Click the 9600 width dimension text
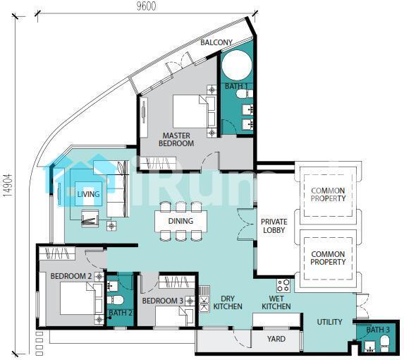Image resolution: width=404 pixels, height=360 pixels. tap(146, 6)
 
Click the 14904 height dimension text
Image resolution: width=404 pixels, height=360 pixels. tap(8, 186)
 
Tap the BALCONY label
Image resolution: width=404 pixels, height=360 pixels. tap(216, 42)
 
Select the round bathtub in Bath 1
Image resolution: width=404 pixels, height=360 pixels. tap(237, 66)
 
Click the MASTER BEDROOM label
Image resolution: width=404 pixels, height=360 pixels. tap(176, 140)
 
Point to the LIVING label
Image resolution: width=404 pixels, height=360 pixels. tap(88, 194)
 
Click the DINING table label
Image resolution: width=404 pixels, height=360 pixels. tap(180, 221)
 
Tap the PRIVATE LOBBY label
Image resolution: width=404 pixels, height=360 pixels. tap(274, 226)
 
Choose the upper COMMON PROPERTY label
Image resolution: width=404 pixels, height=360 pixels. tap(328, 194)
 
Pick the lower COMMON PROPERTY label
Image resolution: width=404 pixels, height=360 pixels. tap(328, 258)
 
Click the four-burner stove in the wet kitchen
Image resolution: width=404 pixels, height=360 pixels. tap(283, 285)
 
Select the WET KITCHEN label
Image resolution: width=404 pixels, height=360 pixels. tap(276, 303)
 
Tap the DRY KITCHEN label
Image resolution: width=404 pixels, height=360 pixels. tap(228, 303)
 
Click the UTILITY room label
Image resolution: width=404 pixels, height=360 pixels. tap(329, 322)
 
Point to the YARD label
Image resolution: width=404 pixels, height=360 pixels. tap(276, 339)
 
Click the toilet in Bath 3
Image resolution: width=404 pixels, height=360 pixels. tap(386, 343)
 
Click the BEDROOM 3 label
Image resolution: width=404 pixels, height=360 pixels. tap(163, 301)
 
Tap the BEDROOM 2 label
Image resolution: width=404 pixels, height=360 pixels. tap(71, 276)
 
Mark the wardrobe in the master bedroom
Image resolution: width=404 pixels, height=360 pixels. tap(158, 164)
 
